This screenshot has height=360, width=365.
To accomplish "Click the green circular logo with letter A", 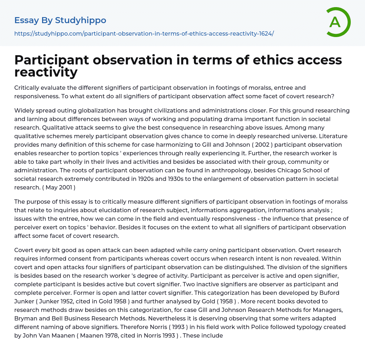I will click(x=338, y=22).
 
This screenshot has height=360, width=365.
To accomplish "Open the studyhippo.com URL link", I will click(x=144, y=33).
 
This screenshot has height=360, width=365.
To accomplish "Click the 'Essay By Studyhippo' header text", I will click(x=60, y=20).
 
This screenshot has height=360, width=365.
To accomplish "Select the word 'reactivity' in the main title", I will click(x=46, y=72).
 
